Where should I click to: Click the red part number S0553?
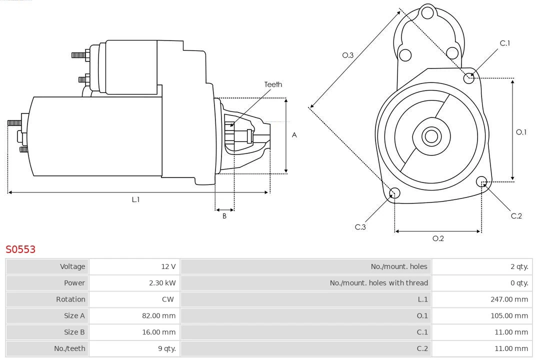20,249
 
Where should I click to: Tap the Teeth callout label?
273,84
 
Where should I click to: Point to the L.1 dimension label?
135,199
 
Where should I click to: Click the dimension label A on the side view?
294,135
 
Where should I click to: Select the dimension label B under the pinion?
224,216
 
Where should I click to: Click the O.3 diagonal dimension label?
347,55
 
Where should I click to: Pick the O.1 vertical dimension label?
521,132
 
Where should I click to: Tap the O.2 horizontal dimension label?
438,238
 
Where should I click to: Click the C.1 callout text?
505,43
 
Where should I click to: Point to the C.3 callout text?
360,227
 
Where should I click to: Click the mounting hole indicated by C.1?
469,77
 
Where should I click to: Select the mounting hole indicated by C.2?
481,181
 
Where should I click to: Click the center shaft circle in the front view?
430,136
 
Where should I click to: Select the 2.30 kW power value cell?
162,283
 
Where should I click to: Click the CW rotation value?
168,299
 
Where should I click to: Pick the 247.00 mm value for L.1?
509,299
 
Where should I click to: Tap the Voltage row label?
72,266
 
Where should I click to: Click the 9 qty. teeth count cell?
167,348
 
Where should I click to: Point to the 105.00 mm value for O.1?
509,315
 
